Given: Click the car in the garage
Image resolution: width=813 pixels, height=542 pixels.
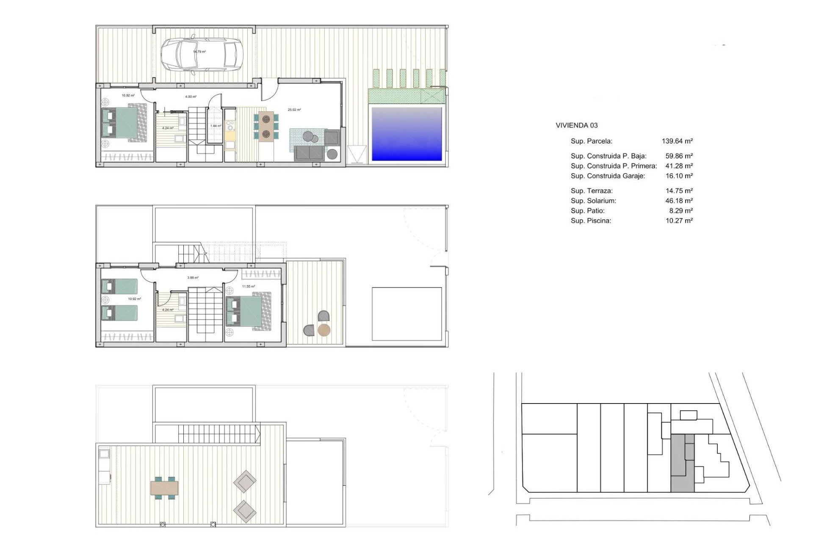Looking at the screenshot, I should [x=202, y=55].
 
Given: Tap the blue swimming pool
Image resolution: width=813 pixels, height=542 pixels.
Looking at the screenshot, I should [x=406, y=134].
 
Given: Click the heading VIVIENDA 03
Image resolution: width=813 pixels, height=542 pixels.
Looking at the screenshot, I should [x=576, y=125].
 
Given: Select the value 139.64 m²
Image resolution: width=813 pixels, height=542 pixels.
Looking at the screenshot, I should [x=677, y=141].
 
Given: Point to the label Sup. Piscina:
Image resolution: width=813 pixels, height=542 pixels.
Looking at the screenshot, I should [x=591, y=221].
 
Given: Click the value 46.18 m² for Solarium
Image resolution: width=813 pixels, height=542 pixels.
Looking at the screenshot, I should [x=679, y=201].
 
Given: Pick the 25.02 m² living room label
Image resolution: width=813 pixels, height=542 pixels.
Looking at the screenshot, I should [x=294, y=110].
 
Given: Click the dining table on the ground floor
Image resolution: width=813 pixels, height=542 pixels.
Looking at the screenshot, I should [x=266, y=126].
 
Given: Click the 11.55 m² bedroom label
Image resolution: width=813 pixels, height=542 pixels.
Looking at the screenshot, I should [x=249, y=286].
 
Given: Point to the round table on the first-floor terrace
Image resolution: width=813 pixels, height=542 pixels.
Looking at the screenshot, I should [x=324, y=330].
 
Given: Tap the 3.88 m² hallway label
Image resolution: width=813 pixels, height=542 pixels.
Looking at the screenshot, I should [x=193, y=278].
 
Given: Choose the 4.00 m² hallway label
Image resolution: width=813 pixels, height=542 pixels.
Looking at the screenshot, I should [x=191, y=97].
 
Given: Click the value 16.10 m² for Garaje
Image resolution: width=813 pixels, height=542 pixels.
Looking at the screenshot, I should [x=679, y=176].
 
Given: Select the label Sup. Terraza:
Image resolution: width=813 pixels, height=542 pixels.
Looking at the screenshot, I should [x=592, y=191].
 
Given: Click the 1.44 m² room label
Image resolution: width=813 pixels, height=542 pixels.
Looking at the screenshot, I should [x=216, y=126].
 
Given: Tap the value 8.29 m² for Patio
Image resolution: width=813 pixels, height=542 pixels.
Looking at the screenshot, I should [x=680, y=210].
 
